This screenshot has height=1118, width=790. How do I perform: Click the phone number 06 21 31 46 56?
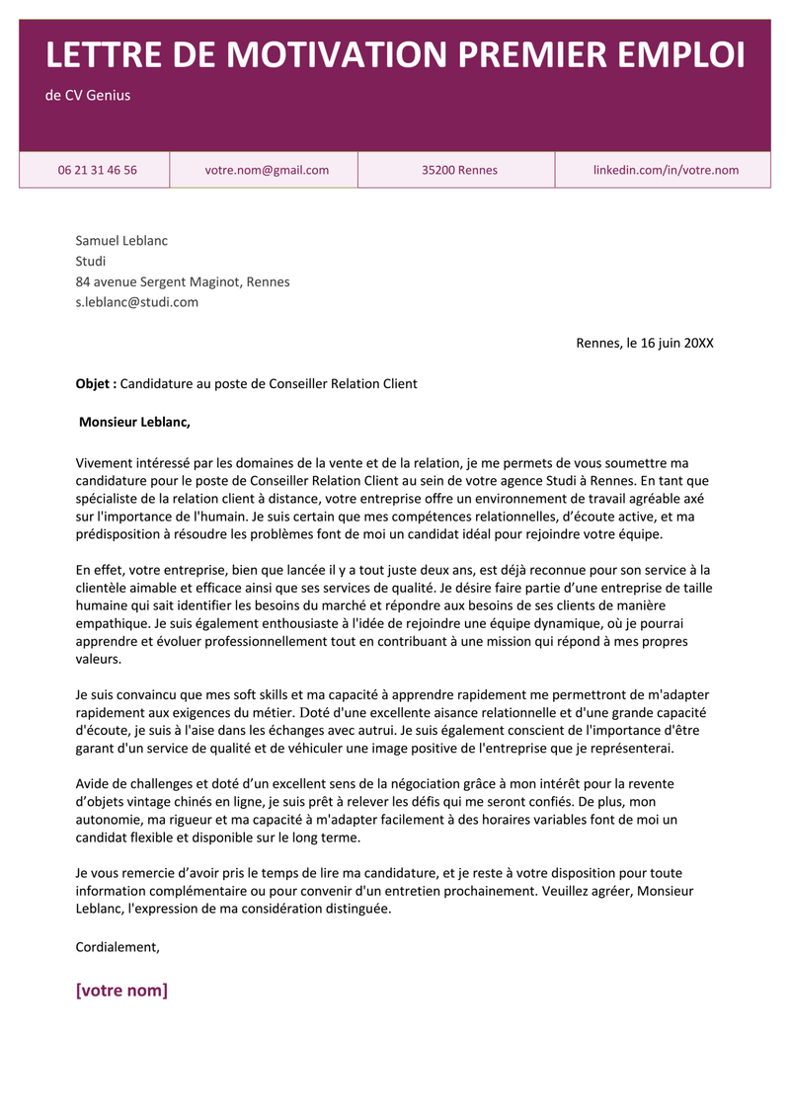click(97, 170)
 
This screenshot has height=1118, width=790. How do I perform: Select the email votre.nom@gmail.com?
click(267, 170)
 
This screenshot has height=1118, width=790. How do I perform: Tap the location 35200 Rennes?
click(459, 170)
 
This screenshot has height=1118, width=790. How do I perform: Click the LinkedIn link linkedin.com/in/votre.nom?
click(666, 170)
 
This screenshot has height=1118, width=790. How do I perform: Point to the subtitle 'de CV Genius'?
click(88, 96)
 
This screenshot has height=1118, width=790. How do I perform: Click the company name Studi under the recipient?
click(91, 261)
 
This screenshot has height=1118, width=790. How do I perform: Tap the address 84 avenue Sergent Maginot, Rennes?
click(183, 281)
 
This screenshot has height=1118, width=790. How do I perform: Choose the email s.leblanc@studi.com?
click(137, 302)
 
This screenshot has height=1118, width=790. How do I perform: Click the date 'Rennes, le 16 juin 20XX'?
click(644, 343)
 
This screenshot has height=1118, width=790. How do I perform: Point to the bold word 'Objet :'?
click(96, 383)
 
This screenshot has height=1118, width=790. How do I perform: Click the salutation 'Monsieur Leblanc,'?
click(134, 423)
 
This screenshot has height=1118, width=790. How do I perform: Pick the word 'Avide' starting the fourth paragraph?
click(93, 783)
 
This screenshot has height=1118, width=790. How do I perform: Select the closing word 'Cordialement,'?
click(118, 946)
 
